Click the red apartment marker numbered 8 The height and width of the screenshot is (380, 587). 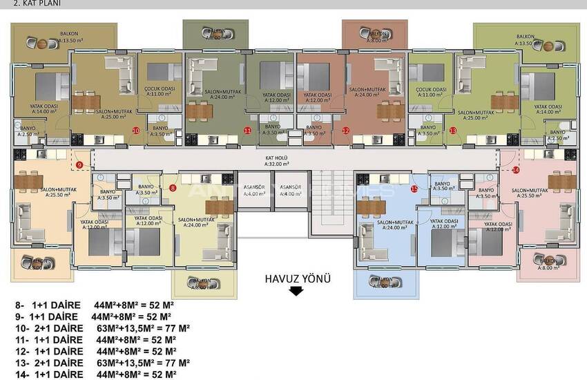173,187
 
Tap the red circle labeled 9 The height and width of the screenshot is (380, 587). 79,164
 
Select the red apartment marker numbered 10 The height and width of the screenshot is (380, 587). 136,130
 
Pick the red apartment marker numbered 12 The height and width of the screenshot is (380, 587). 345,130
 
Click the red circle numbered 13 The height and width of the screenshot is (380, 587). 453,130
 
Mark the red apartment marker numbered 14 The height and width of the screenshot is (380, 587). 516,169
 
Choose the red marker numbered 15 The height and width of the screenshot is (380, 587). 414,188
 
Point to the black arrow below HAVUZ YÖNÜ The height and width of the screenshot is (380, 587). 296,292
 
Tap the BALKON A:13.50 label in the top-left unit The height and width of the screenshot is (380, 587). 69,37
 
